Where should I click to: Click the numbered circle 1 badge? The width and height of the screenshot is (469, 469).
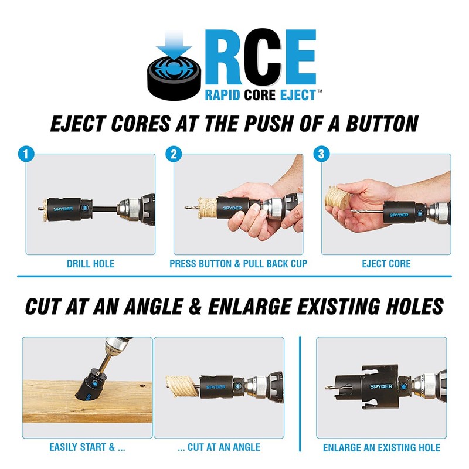(x=25, y=155)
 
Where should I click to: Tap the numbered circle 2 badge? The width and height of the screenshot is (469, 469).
(x=173, y=155)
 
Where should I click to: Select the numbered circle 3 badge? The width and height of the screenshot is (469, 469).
(x=321, y=155)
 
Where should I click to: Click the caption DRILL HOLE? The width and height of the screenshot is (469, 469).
(x=90, y=264)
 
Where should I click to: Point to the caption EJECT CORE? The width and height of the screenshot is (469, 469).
(x=386, y=264)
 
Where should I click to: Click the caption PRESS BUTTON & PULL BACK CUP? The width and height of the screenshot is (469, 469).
(x=238, y=264)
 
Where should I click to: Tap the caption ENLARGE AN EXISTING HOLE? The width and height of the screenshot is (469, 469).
(x=381, y=448)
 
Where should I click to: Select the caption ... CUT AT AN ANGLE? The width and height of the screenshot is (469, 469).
(x=219, y=447)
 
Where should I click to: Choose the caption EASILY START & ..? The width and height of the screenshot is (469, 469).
(x=87, y=447)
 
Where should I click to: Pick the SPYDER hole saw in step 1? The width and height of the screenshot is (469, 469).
(x=66, y=208)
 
